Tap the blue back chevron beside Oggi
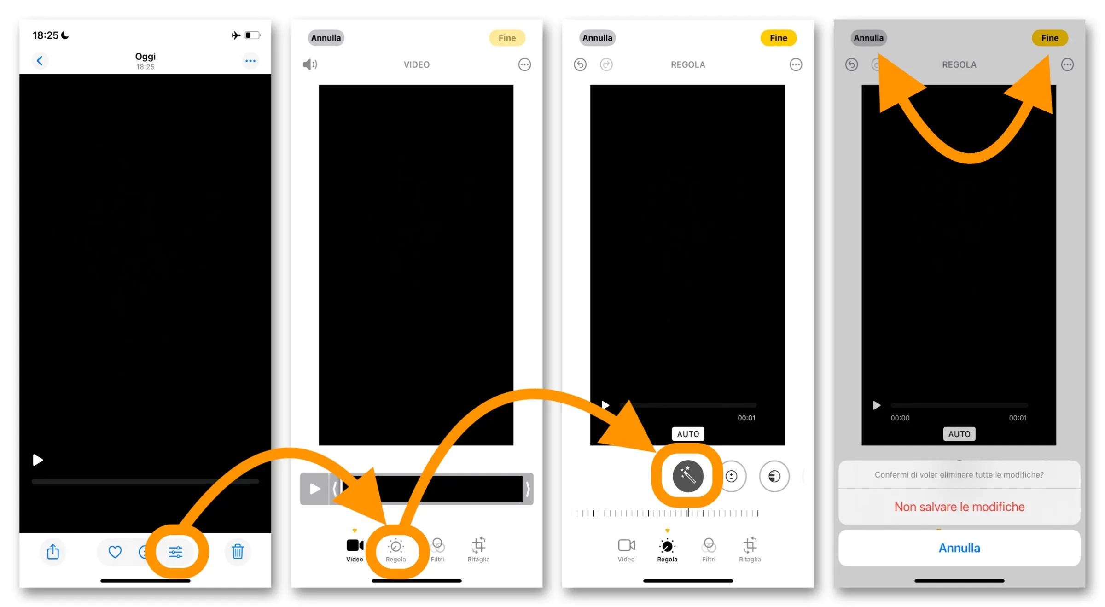40,60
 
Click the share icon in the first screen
53,551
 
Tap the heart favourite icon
115,551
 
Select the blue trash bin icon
238,551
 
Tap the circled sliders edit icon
175,551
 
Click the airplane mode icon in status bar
236,35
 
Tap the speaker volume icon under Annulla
310,64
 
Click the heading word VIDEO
416,64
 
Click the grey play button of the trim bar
314,489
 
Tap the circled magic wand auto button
687,476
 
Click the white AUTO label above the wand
687,434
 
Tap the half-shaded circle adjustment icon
774,476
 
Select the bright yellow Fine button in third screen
778,38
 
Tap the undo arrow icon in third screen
580,64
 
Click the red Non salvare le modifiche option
959,507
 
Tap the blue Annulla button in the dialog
959,548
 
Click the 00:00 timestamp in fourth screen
900,418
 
